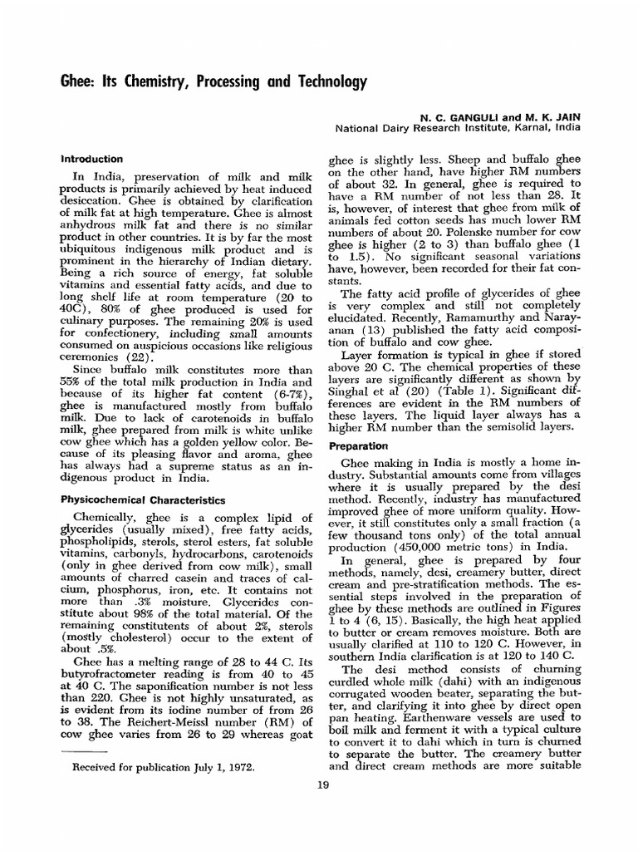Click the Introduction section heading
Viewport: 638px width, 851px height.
click(x=93, y=159)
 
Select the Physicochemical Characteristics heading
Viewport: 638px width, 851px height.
click(x=143, y=501)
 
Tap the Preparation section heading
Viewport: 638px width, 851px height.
click(x=360, y=445)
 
